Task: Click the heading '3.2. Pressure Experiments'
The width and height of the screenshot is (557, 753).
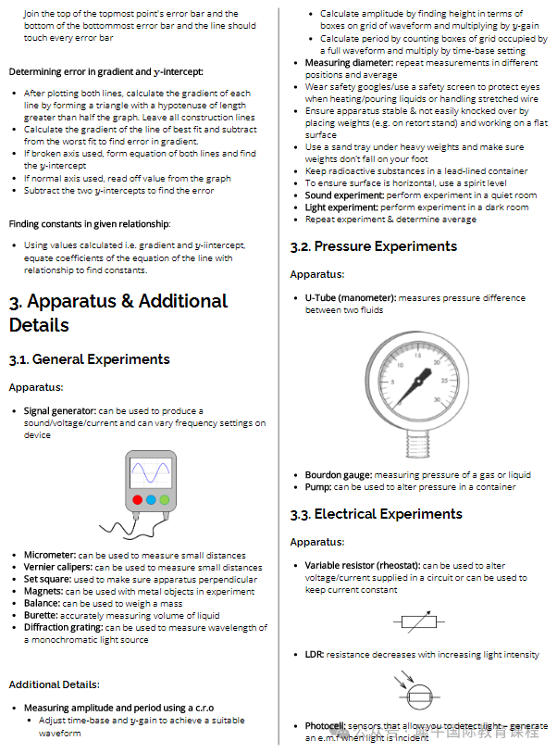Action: click(x=373, y=246)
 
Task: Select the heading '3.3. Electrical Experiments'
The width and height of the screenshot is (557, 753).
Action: click(x=376, y=514)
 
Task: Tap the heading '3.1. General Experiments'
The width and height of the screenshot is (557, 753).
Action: click(x=90, y=359)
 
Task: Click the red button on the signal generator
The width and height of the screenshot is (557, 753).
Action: click(x=137, y=500)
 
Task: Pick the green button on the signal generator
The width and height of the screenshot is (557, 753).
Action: click(x=165, y=500)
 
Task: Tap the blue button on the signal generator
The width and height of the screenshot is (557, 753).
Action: click(x=151, y=500)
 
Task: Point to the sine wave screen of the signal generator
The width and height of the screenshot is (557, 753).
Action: click(x=151, y=473)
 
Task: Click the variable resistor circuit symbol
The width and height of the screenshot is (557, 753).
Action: click(x=423, y=621)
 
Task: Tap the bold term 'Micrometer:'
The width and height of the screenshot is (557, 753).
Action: click(x=50, y=556)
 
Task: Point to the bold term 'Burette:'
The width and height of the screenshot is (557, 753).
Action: click(x=43, y=616)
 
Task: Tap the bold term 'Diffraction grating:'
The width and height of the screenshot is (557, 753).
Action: click(x=63, y=628)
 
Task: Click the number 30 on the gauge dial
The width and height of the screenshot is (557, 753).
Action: click(x=437, y=400)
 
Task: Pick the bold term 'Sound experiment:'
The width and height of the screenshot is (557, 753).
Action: click(x=346, y=195)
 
